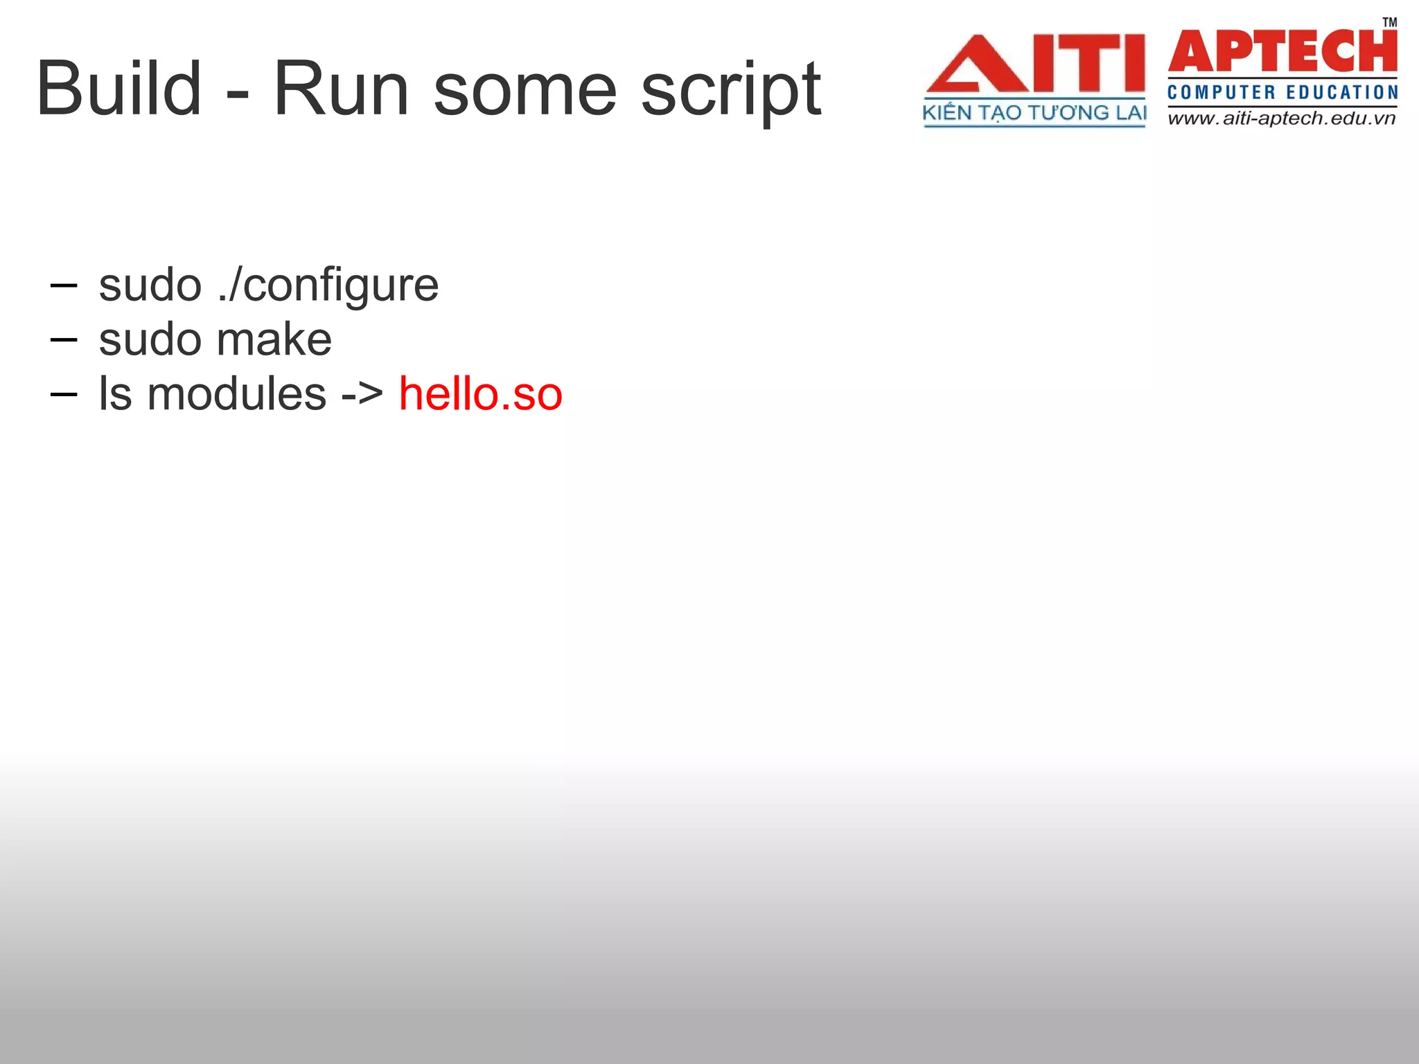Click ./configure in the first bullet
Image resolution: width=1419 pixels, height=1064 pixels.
pyautogui.click(x=328, y=285)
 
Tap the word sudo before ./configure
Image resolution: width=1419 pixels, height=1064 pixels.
pyautogui.click(x=150, y=285)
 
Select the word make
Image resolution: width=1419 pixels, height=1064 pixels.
pyautogui.click(x=274, y=339)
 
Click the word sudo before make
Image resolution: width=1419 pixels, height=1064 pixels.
pyautogui.click(x=150, y=339)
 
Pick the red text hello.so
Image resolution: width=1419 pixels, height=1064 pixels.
pyautogui.click(x=480, y=394)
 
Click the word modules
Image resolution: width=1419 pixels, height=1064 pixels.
pyautogui.click(x=236, y=393)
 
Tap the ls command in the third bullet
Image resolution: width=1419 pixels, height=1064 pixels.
pyautogui.click(x=114, y=393)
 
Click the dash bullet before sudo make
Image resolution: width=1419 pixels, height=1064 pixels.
pyautogui.click(x=64, y=339)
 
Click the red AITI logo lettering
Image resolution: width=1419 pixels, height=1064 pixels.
pyautogui.click(x=1035, y=64)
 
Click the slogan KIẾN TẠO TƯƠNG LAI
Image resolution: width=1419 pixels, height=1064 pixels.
pyautogui.click(x=1034, y=113)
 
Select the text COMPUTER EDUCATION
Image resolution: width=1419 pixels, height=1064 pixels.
pyautogui.click(x=1283, y=92)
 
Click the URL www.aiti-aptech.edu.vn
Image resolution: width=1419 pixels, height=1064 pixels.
pyautogui.click(x=1282, y=118)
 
